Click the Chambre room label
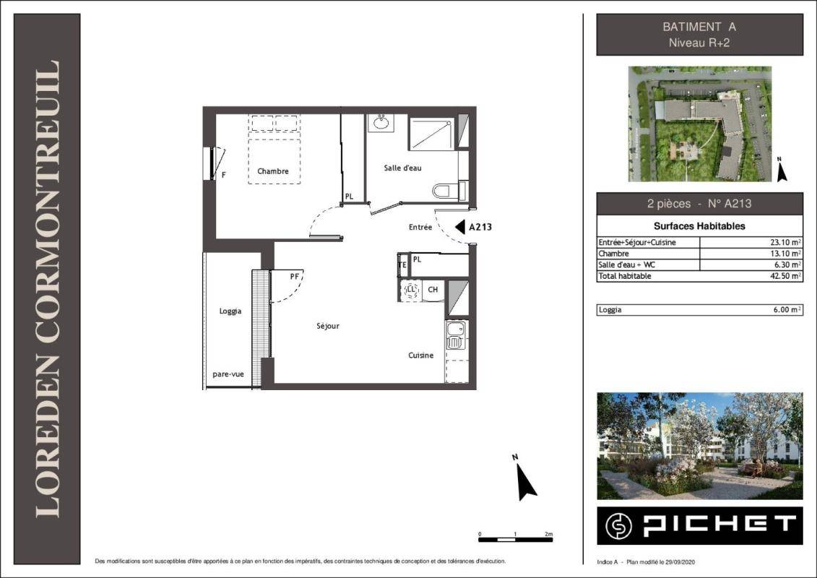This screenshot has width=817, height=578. coord(272,171)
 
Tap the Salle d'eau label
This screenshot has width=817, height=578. coord(402,168)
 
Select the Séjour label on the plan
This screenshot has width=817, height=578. coord(328,327)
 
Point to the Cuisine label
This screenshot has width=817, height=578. coord(420,355)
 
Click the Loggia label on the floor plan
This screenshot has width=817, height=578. coord(230,311)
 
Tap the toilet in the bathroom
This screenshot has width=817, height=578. coord(446,191)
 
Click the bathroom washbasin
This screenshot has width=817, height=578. coord(381,123)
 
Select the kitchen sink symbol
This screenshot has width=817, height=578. coord(456,335)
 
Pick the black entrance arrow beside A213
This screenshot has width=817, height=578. coord(459,228)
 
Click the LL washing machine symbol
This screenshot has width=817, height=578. coord(412,290)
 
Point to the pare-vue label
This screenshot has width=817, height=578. coord(228,374)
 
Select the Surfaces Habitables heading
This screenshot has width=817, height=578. coord(699,226)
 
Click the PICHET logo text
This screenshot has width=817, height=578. coord(719,525)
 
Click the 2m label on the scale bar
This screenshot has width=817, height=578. coord(548,534)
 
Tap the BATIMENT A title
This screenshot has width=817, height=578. coord(699,27)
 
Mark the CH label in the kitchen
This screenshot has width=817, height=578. coord(433,290)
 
